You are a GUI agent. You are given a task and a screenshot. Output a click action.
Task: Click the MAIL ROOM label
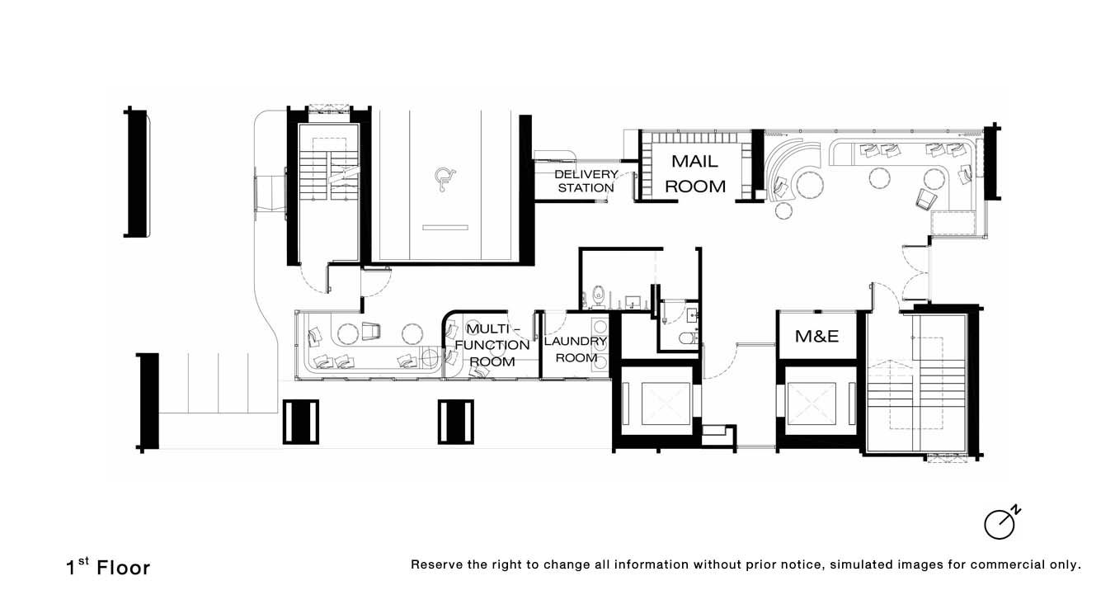(x=695, y=173)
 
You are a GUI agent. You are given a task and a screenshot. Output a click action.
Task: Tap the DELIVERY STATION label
(x=586, y=181)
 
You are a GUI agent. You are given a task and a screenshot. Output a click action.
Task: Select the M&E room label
(x=816, y=336)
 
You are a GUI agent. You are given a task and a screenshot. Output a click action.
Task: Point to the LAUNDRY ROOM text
(x=576, y=349)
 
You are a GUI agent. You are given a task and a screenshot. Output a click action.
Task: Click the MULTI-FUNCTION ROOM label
(x=492, y=345)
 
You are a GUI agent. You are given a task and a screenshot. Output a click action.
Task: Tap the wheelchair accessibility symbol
(x=445, y=179)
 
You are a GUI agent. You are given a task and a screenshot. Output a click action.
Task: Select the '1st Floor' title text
(x=108, y=567)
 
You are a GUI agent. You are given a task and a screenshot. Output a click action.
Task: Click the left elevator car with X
(x=666, y=404)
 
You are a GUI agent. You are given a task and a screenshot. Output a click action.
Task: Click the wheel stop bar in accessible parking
(x=445, y=228)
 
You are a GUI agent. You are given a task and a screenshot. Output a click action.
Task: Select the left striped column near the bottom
(x=301, y=422)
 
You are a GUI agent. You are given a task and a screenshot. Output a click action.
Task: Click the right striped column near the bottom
(x=456, y=422)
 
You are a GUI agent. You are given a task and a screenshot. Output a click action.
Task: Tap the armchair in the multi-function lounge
(x=371, y=331)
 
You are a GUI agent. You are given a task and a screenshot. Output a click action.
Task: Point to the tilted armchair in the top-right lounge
(x=926, y=199)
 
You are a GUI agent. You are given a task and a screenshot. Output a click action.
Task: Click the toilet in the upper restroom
(x=599, y=296)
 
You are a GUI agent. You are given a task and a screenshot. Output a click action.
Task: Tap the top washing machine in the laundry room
(x=600, y=326)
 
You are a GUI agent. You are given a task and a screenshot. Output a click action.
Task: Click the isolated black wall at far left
(x=135, y=172)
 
